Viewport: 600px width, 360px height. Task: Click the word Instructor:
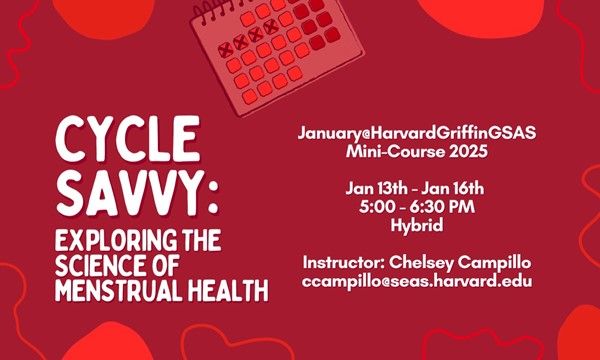[x=345, y=262]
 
